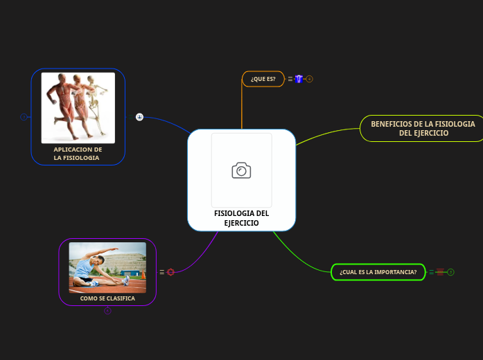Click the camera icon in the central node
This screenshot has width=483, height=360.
coord(241,170)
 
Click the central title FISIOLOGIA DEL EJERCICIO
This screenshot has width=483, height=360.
coord(241,218)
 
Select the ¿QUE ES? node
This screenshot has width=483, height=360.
coord(263,79)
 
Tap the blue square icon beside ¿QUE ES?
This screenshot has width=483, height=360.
coord(299,79)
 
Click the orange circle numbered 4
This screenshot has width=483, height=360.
coord(309,79)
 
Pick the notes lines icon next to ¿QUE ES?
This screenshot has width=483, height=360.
coord(290,79)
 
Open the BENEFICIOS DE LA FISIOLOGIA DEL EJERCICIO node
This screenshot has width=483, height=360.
coord(422,128)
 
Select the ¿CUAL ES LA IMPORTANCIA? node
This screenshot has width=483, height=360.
coord(378,272)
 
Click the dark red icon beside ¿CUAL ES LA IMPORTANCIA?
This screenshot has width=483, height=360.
coord(440,272)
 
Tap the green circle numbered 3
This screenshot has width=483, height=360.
coord(450,272)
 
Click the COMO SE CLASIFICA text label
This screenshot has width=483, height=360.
coord(107,298)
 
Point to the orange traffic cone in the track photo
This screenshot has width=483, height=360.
coord(143,274)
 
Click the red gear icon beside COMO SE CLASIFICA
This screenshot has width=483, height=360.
coord(170,272)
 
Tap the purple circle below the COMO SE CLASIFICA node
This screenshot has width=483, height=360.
coord(107,311)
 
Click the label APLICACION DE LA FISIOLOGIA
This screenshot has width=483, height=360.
coord(77,154)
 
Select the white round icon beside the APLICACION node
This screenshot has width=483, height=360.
coord(139,117)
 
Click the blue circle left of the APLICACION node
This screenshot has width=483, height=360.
coord(24,117)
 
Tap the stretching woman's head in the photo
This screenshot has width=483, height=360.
coord(100,260)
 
